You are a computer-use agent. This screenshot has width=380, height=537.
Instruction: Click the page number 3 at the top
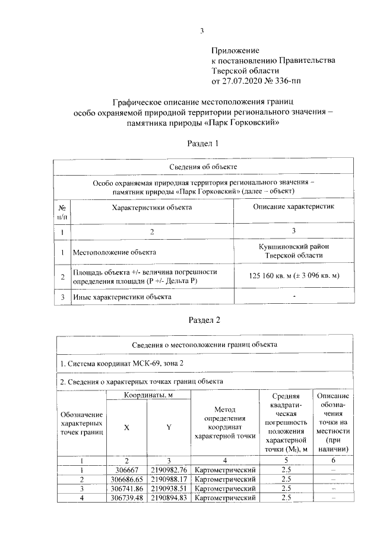(x=202, y=31)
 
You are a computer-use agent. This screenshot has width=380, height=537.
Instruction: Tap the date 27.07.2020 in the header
(x=243, y=80)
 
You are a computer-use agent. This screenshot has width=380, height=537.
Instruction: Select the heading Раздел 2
(x=204, y=320)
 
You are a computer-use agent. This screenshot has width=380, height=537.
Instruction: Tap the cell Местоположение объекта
(x=114, y=252)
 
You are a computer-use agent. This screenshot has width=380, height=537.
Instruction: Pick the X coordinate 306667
(x=126, y=469)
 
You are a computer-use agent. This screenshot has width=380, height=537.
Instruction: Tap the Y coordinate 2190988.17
(x=169, y=479)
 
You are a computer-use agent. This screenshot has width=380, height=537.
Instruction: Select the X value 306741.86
(x=126, y=488)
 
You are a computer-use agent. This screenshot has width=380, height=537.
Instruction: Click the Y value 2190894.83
(x=169, y=498)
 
